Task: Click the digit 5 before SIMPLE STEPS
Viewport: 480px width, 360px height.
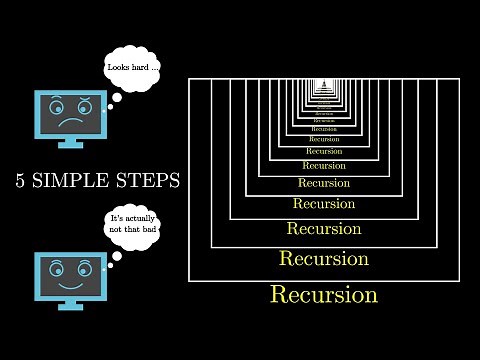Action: [22, 181]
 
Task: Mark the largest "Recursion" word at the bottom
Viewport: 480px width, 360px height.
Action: [323, 295]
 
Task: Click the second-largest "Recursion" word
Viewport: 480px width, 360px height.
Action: [323, 259]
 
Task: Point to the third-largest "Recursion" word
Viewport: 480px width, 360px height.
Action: [323, 229]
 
